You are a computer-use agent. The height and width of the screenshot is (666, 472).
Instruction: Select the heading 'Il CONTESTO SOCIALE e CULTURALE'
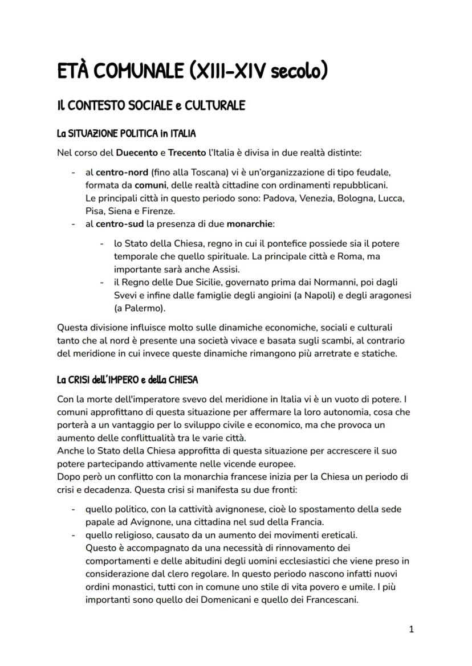[x=151, y=106]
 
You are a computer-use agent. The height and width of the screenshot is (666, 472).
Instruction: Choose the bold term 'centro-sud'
[x=118, y=224]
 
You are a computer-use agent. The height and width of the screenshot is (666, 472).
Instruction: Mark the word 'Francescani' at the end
[x=329, y=599]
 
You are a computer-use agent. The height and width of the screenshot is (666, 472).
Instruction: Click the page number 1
[x=411, y=630]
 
